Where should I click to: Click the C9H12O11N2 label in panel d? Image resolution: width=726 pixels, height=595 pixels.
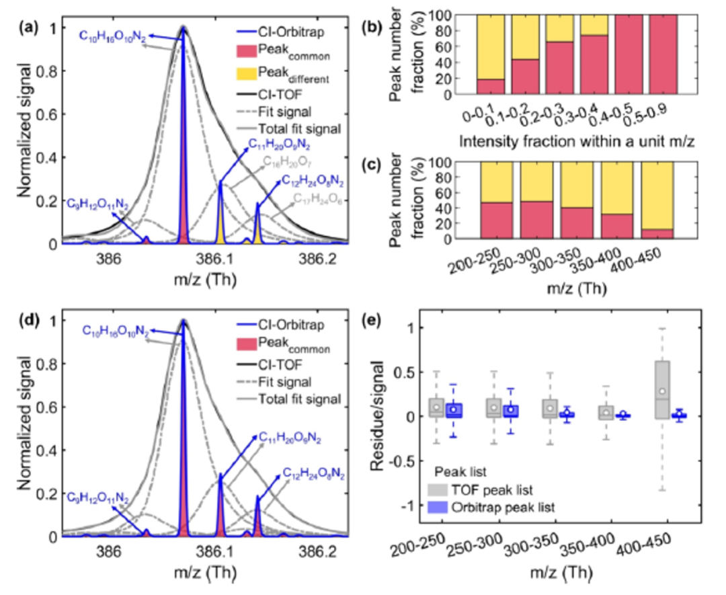99,497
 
